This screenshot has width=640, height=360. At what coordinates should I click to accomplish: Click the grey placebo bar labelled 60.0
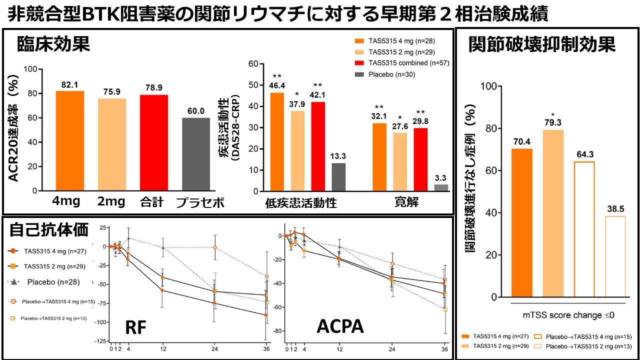pyautogui.click(x=196, y=154)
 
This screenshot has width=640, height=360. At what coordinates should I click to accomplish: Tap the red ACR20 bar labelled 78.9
pyautogui.click(x=154, y=143)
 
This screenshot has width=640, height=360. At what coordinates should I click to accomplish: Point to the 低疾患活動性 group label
pyautogui.click(x=301, y=203)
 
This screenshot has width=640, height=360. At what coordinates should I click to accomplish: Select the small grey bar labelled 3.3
pyautogui.click(x=441, y=187)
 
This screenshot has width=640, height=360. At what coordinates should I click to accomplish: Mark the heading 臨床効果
pyautogui.click(x=53, y=44)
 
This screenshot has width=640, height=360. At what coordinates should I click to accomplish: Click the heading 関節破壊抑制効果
pyautogui.click(x=542, y=44)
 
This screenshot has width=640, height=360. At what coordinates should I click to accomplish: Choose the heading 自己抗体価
pyautogui.click(x=49, y=230)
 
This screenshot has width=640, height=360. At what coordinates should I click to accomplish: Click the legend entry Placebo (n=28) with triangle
pyautogui.click(x=45, y=282)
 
